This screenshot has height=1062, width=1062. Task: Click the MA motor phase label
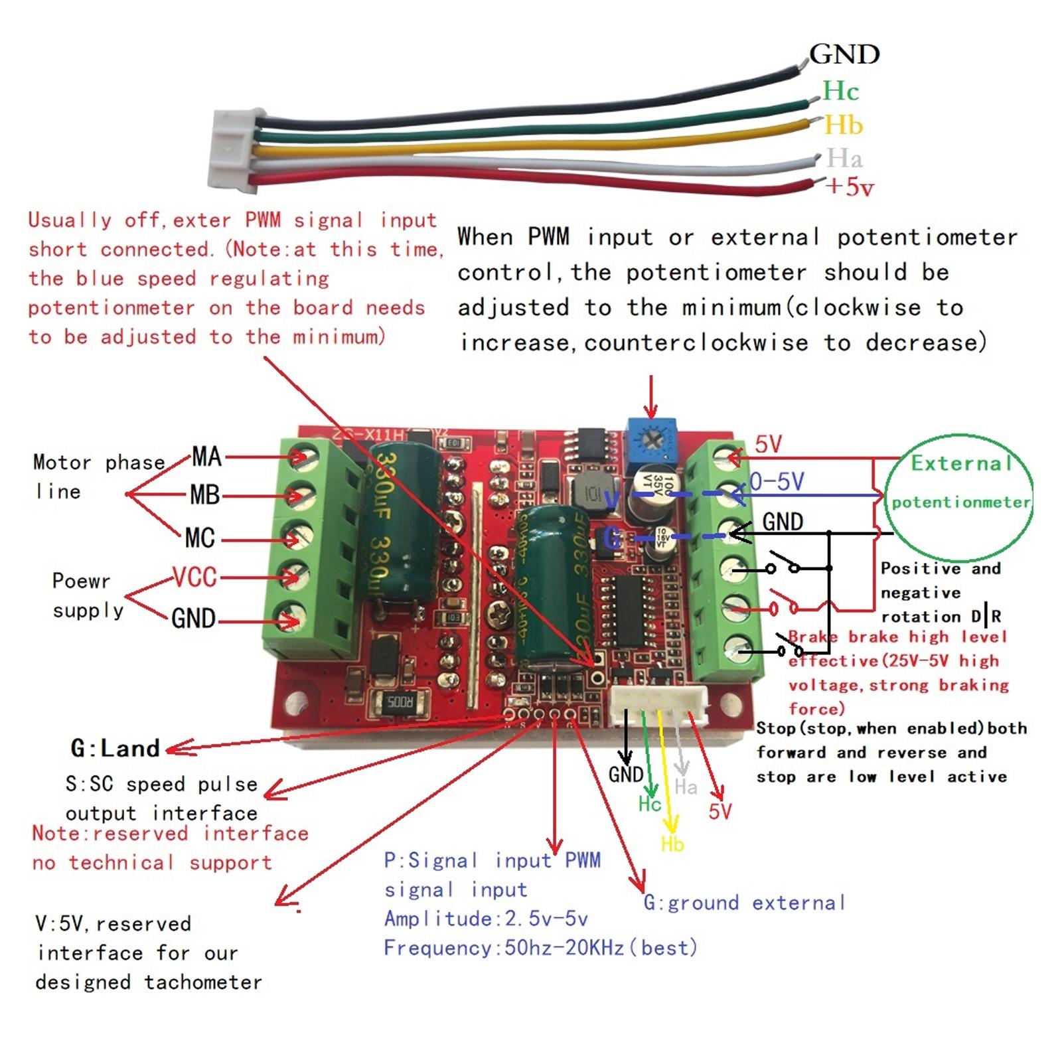[x=206, y=457]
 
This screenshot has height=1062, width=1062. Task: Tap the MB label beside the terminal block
[x=204, y=495]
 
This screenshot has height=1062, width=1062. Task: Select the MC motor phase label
[x=200, y=538]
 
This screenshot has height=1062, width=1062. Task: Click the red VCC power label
[x=194, y=577]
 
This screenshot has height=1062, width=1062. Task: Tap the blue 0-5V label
[x=777, y=481]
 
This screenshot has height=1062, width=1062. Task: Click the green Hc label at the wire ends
[x=840, y=91]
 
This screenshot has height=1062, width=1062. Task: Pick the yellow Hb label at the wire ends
[x=843, y=125]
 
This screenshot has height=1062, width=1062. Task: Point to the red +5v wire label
[x=850, y=187]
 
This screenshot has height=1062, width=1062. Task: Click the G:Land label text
[x=115, y=749]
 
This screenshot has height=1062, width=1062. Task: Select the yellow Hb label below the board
[x=672, y=844]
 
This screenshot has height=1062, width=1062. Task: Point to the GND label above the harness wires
[x=844, y=54]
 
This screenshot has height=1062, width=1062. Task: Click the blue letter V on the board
[x=613, y=499]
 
